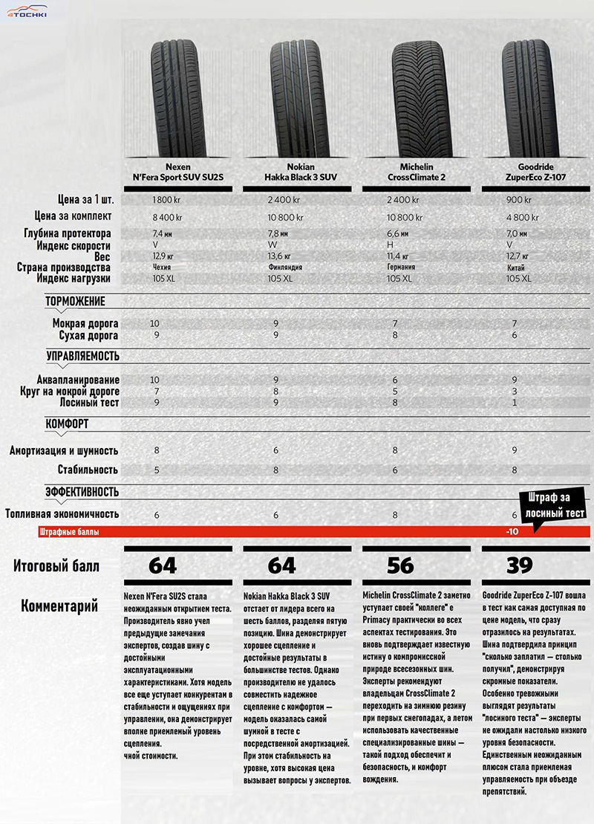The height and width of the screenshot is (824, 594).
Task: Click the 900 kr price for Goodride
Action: pos(518,200)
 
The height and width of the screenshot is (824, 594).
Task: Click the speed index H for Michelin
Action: pos(391,245)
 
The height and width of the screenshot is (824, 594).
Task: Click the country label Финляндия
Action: pos(284,267)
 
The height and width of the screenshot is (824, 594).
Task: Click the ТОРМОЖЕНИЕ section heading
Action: pos(75,301)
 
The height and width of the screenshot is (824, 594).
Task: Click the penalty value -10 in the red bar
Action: pos(512,532)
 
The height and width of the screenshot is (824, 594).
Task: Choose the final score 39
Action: pos(520,565)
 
